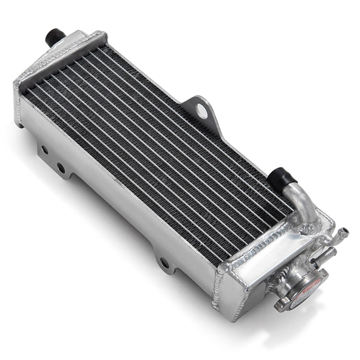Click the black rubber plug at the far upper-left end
[54, 36]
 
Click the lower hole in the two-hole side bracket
[61, 168]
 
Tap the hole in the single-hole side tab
[164, 264]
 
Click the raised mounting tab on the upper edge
[199, 108]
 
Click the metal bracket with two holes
[53, 158]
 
